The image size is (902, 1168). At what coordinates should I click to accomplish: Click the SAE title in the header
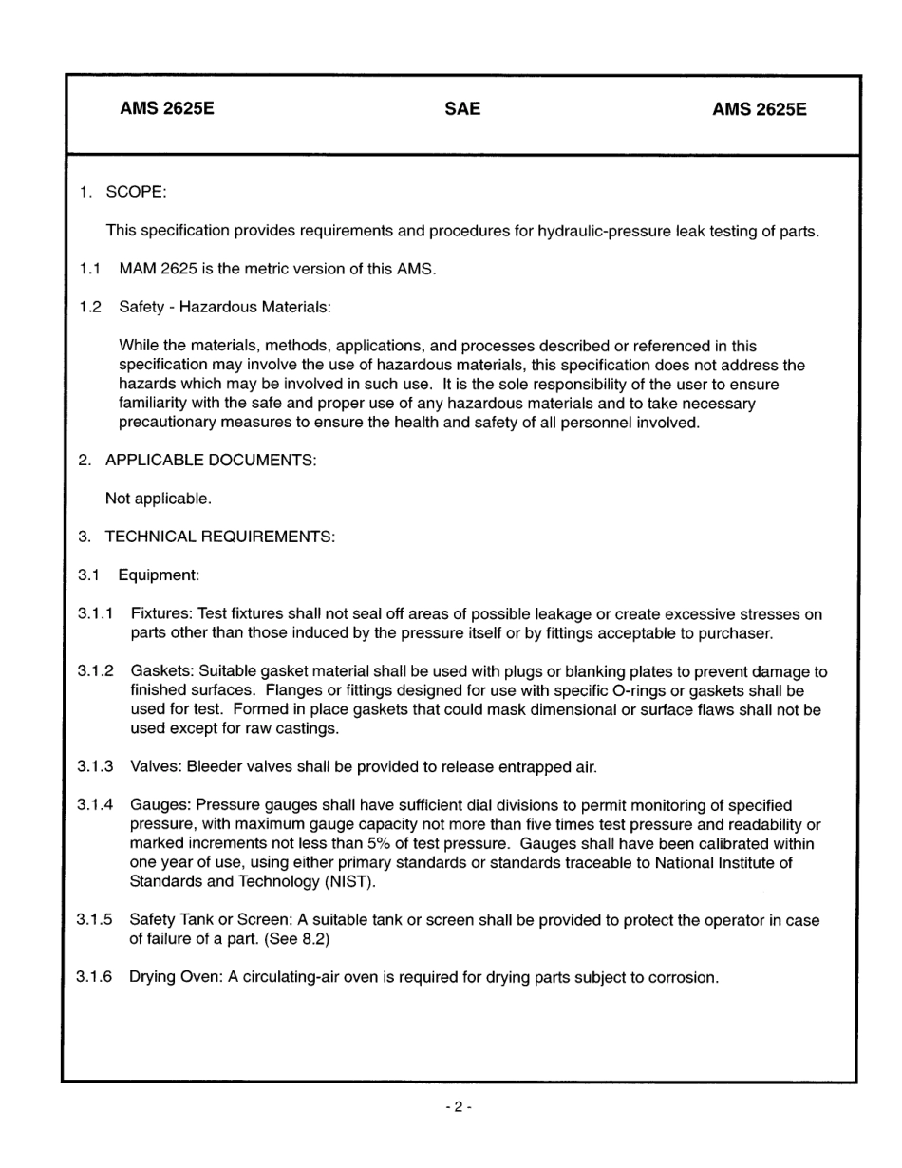click(x=462, y=109)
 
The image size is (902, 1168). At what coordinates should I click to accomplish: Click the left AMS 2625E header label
click(x=167, y=109)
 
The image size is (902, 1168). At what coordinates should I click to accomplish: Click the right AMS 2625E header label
click(x=760, y=109)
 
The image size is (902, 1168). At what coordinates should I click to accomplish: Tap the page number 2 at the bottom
click(x=457, y=1107)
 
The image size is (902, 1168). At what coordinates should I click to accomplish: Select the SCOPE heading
click(x=136, y=192)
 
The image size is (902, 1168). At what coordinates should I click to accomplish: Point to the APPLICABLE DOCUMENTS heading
click(x=211, y=460)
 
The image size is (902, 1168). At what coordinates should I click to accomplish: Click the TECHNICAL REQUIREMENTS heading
click(x=219, y=537)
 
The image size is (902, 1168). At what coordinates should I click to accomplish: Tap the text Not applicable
click(x=159, y=498)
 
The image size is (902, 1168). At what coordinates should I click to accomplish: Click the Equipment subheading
click(x=159, y=575)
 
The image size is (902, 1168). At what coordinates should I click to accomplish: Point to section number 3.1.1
click(x=96, y=614)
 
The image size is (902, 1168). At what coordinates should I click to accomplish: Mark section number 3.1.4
click(x=96, y=805)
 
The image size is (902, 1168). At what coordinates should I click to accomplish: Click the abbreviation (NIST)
click(x=351, y=881)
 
